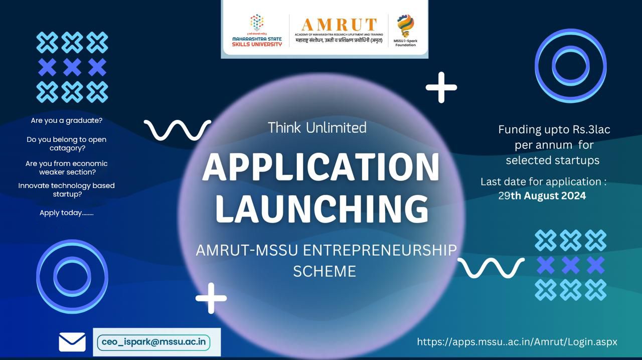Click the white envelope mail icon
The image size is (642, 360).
tap(72, 342)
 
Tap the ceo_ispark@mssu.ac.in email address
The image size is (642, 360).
tap(153, 342)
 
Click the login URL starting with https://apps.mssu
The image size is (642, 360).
tap(517, 342)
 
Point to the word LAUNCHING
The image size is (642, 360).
tap(322, 208)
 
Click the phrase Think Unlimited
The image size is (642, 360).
tap(317, 128)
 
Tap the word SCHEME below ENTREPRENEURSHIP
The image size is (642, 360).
tap(325, 271)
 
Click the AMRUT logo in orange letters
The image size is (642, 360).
tap(339, 25)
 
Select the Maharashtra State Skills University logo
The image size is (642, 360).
tap(257, 30)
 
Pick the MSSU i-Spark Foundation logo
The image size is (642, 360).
tap(405, 30)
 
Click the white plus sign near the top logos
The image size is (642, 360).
tap(441, 87)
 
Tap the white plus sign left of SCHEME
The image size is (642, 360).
tap(211, 298)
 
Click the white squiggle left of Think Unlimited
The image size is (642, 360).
tap(178, 129)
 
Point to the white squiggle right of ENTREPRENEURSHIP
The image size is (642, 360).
tap(491, 268)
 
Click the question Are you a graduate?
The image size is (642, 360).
tap(67, 121)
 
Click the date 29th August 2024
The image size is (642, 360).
tap(542, 196)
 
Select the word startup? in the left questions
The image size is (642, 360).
tap(67, 195)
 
